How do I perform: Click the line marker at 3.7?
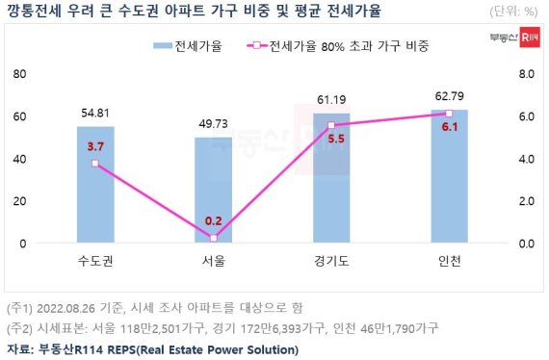95,164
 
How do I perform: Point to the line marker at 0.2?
213,238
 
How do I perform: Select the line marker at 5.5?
330,125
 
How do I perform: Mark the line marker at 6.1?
449,113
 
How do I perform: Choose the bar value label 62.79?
449,95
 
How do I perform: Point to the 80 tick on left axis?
20,74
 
